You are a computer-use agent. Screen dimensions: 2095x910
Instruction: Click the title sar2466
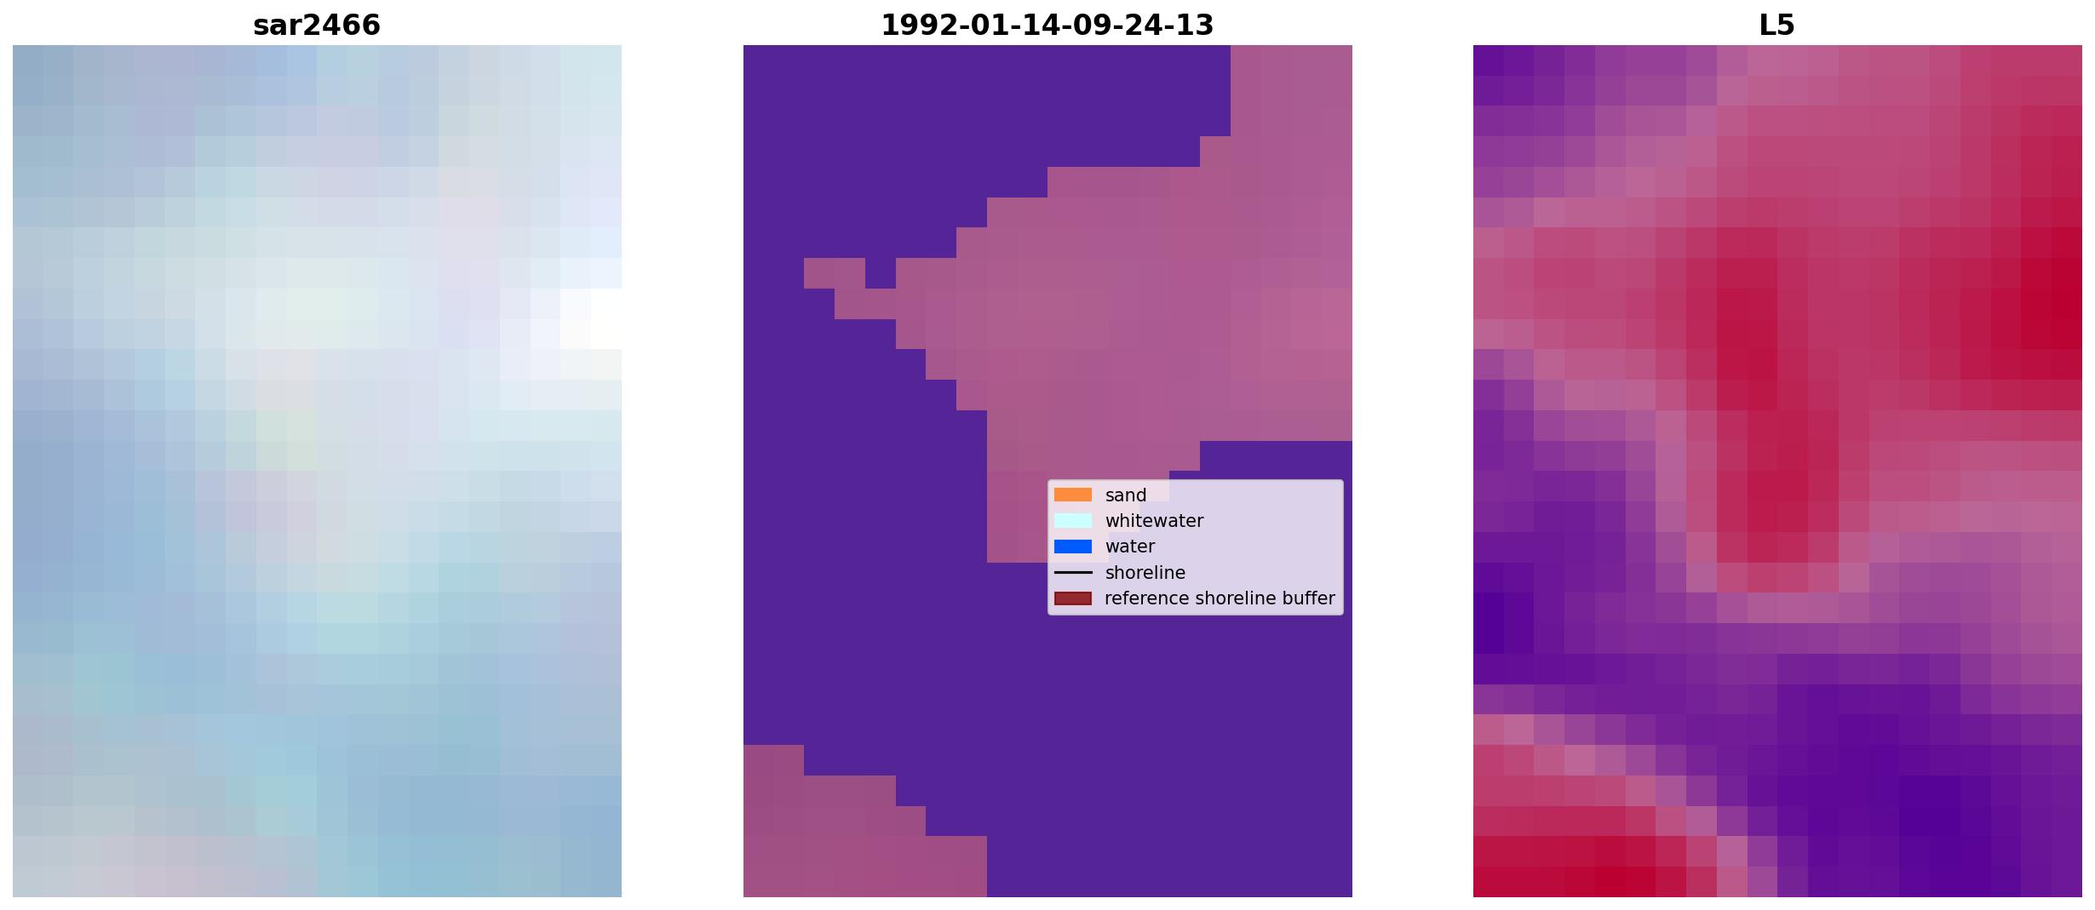click(317, 25)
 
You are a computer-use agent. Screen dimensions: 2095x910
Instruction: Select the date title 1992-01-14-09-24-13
click(1047, 25)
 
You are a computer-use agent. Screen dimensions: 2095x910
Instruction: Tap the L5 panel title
click(1777, 25)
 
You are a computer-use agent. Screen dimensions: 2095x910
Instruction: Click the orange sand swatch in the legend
click(1073, 495)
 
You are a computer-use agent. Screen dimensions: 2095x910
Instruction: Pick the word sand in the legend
click(1126, 495)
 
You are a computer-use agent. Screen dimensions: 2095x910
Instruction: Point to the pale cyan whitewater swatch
click(1073, 520)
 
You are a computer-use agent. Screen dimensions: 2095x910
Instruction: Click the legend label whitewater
click(1154, 521)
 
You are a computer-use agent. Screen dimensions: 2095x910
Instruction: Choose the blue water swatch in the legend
click(1073, 547)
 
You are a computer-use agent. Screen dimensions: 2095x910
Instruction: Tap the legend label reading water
click(1130, 547)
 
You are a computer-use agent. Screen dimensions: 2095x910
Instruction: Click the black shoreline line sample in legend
click(1073, 573)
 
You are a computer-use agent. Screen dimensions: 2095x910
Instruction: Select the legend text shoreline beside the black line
click(1145, 573)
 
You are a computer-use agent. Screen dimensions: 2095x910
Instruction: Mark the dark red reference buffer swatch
click(1073, 598)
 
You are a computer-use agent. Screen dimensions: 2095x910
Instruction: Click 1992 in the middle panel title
click(910, 25)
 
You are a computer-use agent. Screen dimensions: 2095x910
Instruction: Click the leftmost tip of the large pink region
click(806, 273)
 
